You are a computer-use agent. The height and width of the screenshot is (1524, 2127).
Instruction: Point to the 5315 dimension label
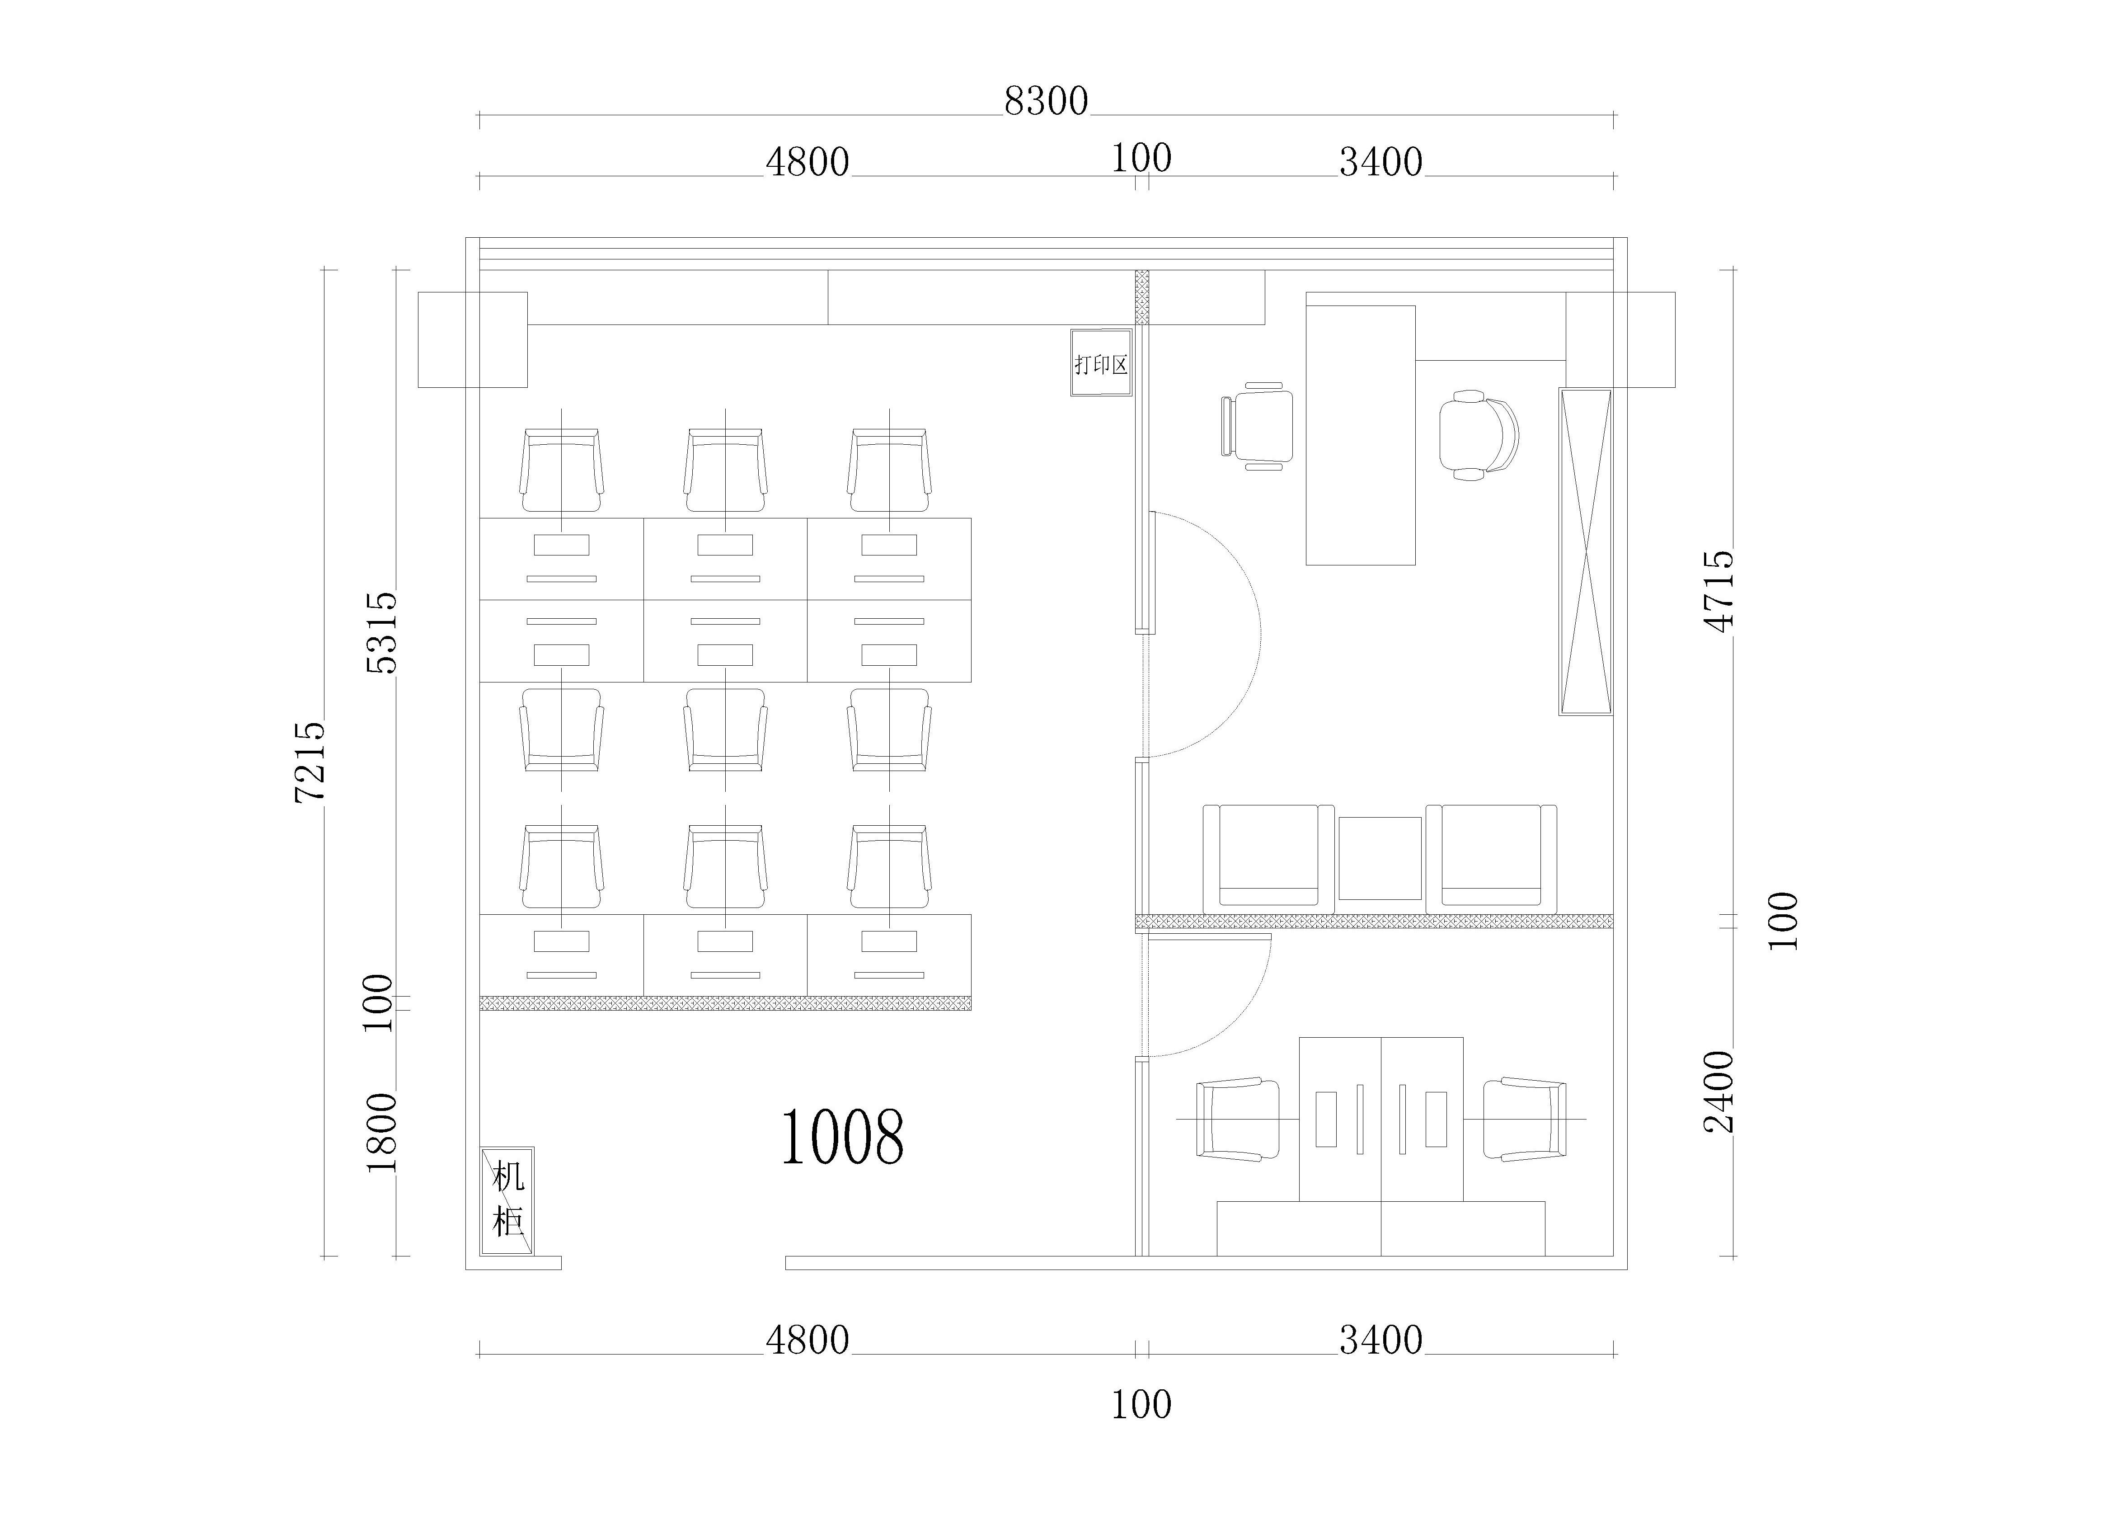pyautogui.click(x=382, y=633)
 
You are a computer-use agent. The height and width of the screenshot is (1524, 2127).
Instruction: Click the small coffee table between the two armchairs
pyautogui.click(x=1380, y=858)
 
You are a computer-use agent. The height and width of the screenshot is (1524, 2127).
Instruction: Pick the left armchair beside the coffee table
pyautogui.click(x=1268, y=858)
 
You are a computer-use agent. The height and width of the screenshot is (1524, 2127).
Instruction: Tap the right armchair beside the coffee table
pyautogui.click(x=1491, y=858)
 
